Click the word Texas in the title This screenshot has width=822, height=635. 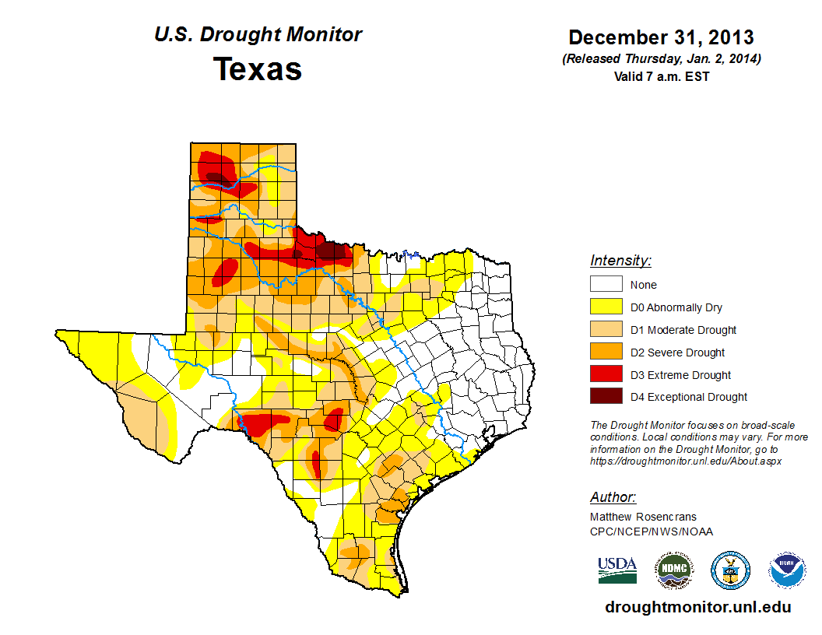[x=258, y=69]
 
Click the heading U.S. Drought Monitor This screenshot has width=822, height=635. [x=258, y=35]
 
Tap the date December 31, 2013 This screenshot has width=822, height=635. [x=661, y=37]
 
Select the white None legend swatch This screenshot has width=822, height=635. [x=606, y=285]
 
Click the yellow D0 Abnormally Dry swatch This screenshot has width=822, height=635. [x=606, y=307]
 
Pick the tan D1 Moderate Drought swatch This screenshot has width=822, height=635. [x=606, y=330]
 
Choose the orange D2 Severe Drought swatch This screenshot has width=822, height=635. [x=606, y=353]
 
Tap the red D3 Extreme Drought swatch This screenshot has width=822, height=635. [x=606, y=375]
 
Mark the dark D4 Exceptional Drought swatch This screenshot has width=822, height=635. [x=606, y=397]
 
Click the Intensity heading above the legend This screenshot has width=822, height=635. [x=620, y=261]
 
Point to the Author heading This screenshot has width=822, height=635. [x=613, y=498]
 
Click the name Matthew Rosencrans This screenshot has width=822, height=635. [x=643, y=517]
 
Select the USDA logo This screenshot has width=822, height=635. [x=617, y=570]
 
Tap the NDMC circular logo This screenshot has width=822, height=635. [x=673, y=570]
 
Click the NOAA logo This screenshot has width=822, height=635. [x=787, y=570]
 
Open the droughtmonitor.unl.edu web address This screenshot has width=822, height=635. [x=698, y=608]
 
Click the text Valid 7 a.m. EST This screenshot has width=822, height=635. [x=661, y=76]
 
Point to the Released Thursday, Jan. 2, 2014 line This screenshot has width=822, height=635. [x=661, y=59]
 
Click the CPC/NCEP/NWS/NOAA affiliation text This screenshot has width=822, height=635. [x=652, y=532]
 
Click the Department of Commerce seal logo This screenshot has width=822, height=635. [x=730, y=570]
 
